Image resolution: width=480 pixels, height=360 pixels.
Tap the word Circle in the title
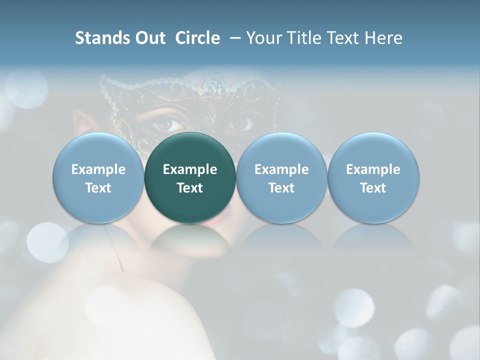[x=197, y=38]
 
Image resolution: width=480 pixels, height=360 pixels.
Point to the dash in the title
[x=233, y=38]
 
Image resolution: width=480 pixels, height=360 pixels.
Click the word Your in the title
[x=262, y=38]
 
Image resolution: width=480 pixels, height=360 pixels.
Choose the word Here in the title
[x=383, y=38]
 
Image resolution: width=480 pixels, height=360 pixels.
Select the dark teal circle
[x=190, y=178]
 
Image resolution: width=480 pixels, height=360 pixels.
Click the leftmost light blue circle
[x=98, y=178]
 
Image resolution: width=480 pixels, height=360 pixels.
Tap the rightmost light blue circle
[x=373, y=178]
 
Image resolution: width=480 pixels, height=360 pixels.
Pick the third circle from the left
[x=281, y=178]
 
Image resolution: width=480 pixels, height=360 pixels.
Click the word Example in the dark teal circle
[x=190, y=169]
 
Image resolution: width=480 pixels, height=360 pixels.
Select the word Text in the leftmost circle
[x=98, y=188]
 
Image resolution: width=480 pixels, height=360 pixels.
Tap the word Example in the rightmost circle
[x=373, y=169]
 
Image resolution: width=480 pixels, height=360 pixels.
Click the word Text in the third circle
[x=281, y=188]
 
